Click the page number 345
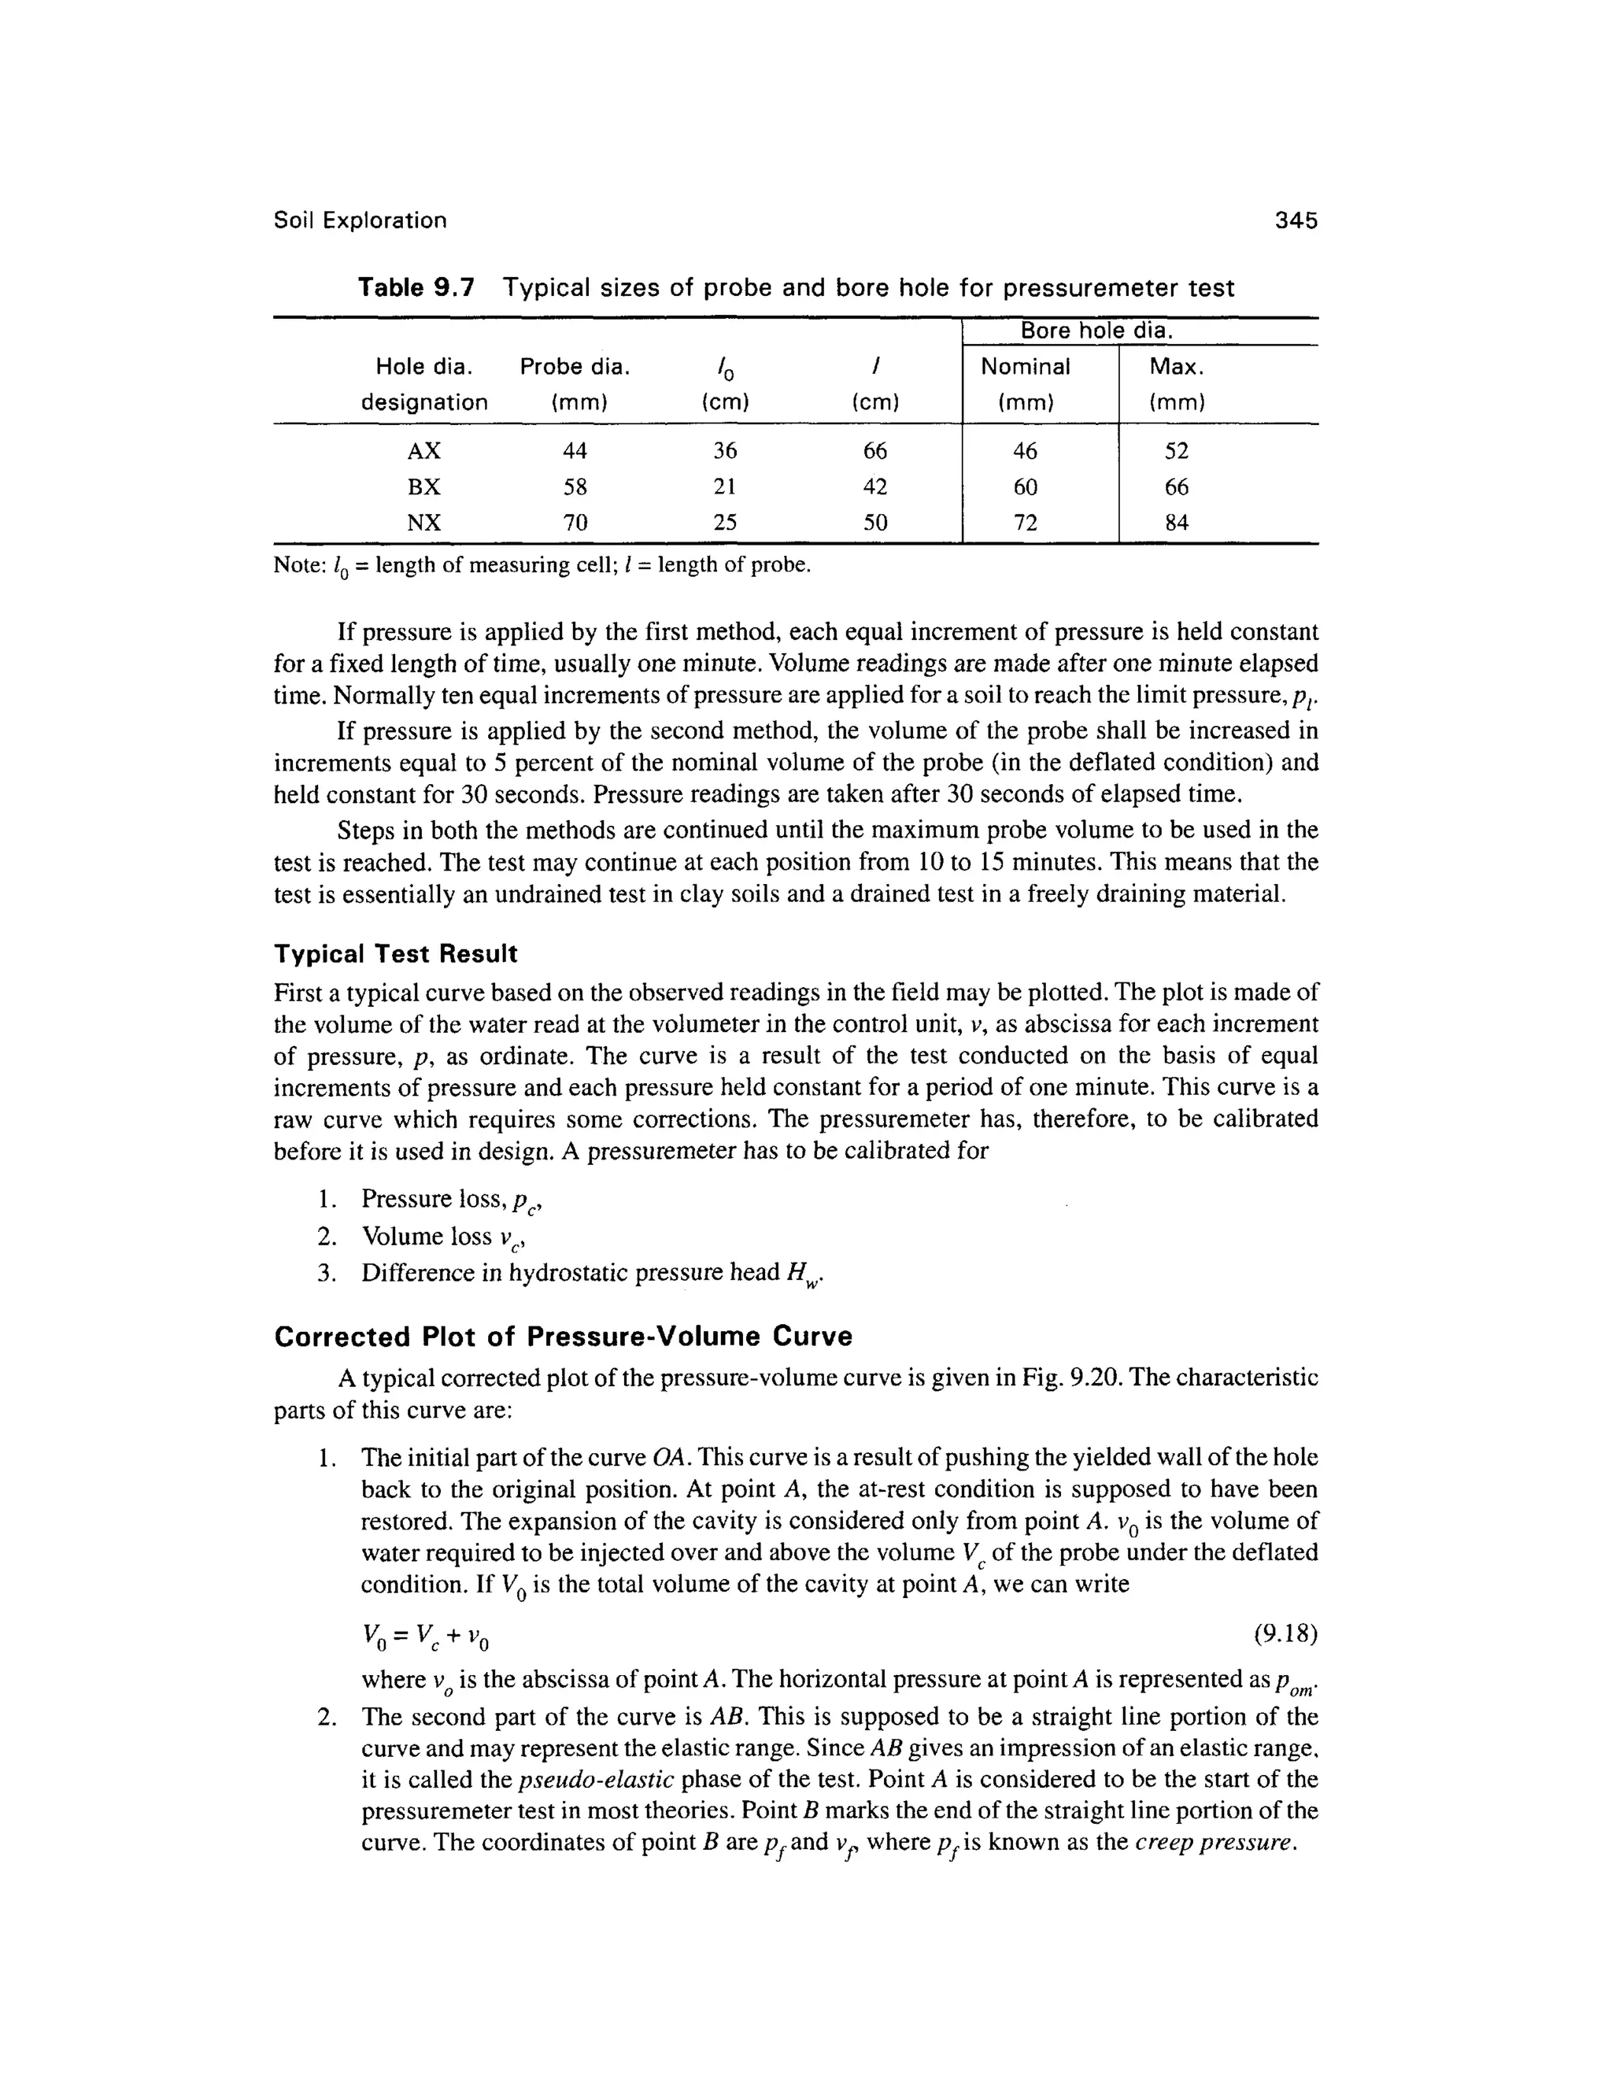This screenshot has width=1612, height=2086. [x=1296, y=220]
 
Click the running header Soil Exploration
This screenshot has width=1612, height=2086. [x=360, y=220]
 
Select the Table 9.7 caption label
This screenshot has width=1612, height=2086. [x=416, y=287]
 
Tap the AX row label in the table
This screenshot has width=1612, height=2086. [x=424, y=451]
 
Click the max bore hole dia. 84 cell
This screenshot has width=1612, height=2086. [x=1177, y=523]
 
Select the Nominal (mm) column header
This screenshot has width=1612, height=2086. [x=1026, y=384]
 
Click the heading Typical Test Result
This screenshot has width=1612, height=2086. [x=395, y=954]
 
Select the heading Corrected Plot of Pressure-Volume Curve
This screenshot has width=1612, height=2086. [x=563, y=1337]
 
